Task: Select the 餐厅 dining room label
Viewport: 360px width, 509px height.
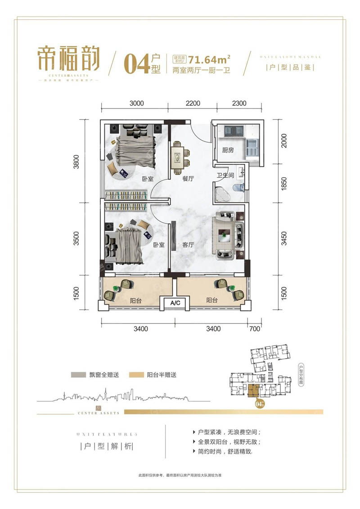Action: (x=188, y=179)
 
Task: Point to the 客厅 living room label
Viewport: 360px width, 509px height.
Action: (x=188, y=245)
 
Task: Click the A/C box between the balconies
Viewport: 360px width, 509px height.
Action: (x=175, y=303)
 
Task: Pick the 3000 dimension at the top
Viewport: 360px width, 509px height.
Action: (x=136, y=103)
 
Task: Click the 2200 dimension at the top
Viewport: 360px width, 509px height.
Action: (x=192, y=103)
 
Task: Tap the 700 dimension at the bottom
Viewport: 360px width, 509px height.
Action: (x=255, y=329)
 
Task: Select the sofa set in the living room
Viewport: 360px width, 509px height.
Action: (x=228, y=235)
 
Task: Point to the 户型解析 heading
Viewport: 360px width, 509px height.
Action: (x=106, y=447)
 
